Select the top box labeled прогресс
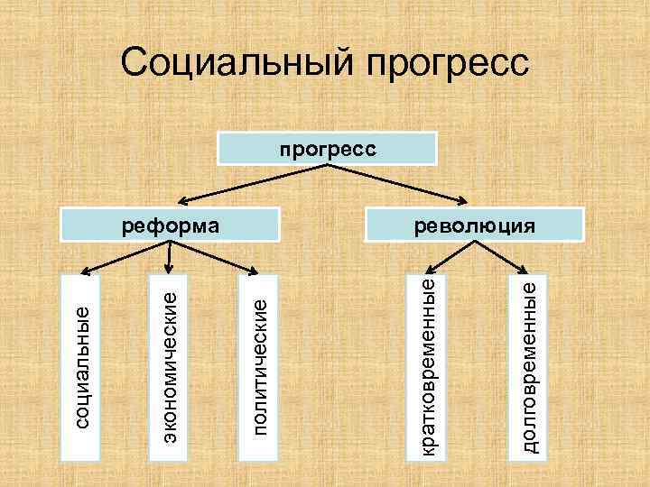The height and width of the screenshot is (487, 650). tap(328, 149)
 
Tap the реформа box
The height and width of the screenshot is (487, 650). tap(171, 225)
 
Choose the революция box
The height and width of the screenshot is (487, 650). tap(473, 225)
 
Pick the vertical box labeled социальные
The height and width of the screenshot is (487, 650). tap(83, 365)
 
